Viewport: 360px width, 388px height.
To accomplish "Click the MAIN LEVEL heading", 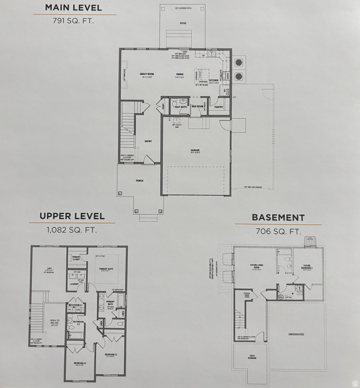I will (73, 8).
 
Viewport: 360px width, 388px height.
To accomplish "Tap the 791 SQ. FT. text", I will (73, 21).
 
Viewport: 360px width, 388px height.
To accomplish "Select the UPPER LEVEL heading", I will (72, 216).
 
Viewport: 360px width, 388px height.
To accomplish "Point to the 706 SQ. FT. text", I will (278, 232).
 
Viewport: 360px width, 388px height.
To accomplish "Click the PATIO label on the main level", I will (183, 23).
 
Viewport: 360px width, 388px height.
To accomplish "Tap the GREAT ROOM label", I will (147, 74).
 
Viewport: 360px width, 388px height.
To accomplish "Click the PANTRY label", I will (218, 107).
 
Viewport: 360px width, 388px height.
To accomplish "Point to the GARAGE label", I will (195, 150).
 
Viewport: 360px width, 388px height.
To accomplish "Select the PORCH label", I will (139, 181).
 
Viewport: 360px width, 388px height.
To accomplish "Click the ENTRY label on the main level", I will (148, 141).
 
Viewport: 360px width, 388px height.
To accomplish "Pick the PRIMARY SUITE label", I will (106, 269).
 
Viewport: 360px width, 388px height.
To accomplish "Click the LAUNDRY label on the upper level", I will (74, 284).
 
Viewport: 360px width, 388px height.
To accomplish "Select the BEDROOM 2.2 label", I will (79, 363).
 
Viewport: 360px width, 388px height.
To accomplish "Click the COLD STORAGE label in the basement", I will (251, 357).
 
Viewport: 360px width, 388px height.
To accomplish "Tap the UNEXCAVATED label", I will (296, 334).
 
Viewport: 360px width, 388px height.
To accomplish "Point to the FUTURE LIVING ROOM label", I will (257, 266).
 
